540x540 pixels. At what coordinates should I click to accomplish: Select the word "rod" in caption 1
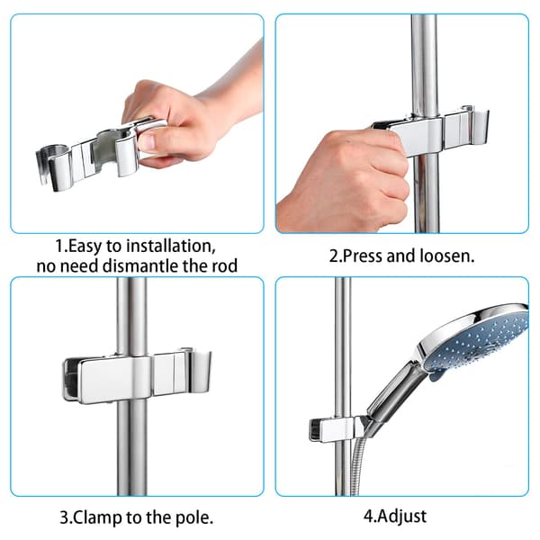click(x=224, y=266)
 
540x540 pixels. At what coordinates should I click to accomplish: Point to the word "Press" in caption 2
click(x=363, y=256)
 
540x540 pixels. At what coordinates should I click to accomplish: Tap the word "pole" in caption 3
click(x=193, y=518)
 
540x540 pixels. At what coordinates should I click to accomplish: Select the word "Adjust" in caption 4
click(x=401, y=517)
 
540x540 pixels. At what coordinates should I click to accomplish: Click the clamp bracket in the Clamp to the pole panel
click(x=137, y=375)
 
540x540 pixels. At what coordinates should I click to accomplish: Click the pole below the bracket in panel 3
click(x=132, y=447)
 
